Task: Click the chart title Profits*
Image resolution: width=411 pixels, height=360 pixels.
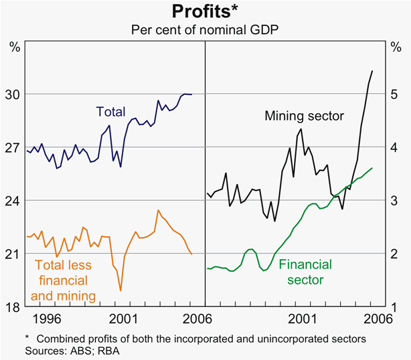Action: point(205,12)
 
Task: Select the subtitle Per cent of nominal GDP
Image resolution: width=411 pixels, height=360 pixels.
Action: point(205,29)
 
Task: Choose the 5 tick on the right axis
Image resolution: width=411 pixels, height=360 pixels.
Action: point(395,94)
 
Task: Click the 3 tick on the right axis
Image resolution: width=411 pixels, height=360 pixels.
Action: point(395,201)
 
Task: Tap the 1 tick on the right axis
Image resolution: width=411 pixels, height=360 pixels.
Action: point(395,307)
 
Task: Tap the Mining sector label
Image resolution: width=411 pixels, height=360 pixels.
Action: point(304,116)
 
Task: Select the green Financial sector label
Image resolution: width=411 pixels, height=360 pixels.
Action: point(305,272)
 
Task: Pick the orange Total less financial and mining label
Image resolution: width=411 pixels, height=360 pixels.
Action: point(63,280)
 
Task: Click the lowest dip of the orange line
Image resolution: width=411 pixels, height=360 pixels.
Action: point(120,290)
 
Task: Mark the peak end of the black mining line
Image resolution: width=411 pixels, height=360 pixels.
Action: point(372,71)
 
